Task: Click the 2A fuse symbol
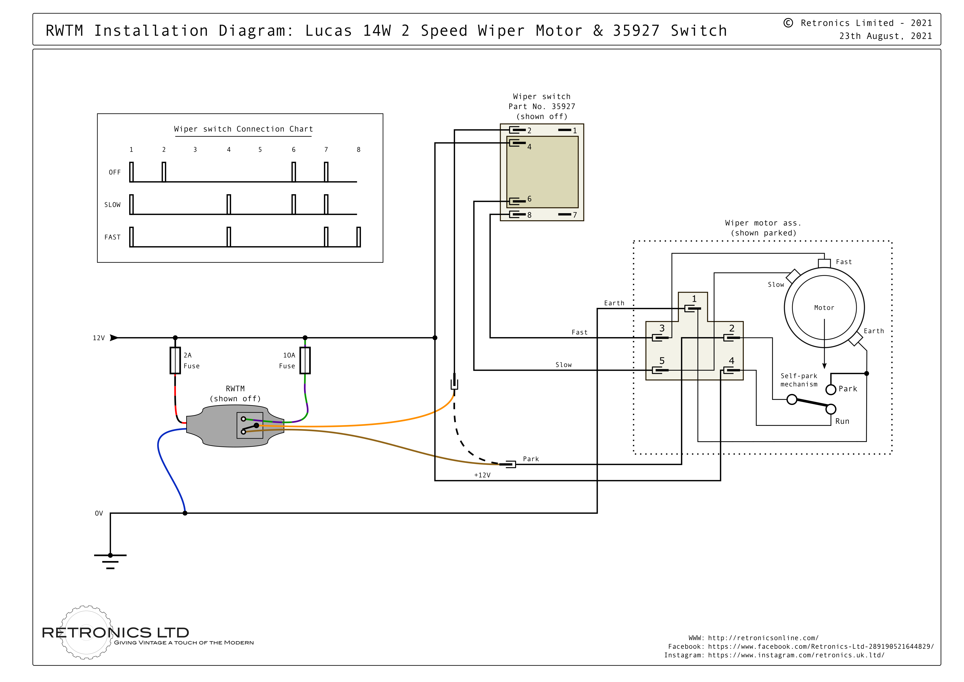click(175, 360)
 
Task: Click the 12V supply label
click(99, 338)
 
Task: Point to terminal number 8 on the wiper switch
click(530, 215)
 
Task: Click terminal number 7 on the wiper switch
click(575, 215)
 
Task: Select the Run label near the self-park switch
click(842, 421)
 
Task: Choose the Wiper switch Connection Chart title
click(243, 129)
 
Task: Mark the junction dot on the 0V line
click(185, 513)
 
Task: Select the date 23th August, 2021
click(885, 36)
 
